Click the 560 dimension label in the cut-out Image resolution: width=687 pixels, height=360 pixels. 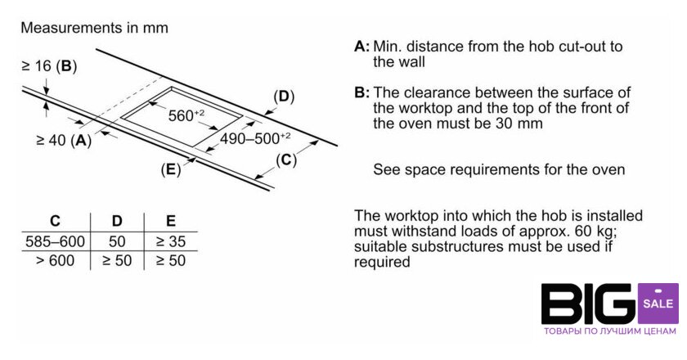(x=186, y=115)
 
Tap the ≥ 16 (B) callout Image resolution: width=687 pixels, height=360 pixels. (x=49, y=66)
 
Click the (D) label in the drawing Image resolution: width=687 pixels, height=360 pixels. (x=284, y=97)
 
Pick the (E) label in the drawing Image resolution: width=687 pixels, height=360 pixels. (x=170, y=169)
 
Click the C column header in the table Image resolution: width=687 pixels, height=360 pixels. (x=55, y=221)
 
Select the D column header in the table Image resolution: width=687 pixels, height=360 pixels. (x=117, y=221)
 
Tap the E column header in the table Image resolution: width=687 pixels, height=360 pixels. (x=171, y=221)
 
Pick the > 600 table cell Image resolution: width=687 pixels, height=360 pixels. (x=55, y=261)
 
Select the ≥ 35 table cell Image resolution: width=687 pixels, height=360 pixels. (x=171, y=242)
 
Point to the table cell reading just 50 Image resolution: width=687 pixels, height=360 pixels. (x=117, y=242)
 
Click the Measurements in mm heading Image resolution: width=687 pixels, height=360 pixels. (x=94, y=28)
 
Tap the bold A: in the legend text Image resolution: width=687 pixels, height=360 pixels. (x=361, y=46)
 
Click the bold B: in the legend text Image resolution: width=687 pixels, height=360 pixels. (x=361, y=92)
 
